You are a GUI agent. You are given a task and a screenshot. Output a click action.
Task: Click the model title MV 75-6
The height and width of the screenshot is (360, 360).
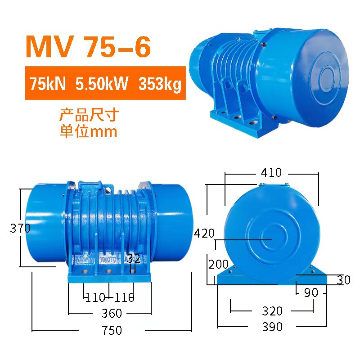tap(88, 47)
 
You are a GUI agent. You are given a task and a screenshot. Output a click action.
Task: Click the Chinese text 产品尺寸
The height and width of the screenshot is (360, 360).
tap(89, 115)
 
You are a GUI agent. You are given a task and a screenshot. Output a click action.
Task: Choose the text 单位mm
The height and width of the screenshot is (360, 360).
tap(89, 131)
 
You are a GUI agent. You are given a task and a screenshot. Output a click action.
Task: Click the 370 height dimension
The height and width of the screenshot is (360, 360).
tap(20, 229)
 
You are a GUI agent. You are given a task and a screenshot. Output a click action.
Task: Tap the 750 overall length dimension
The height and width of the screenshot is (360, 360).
tap(112, 331)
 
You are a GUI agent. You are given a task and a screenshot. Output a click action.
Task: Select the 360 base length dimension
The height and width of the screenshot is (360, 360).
tap(112, 313)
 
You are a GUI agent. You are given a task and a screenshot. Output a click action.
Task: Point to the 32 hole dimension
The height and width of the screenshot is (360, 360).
tap(134, 259)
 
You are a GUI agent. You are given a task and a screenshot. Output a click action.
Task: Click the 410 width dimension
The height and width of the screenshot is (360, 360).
tap(271, 173)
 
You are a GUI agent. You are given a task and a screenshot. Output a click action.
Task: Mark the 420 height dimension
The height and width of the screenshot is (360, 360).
tap(205, 233)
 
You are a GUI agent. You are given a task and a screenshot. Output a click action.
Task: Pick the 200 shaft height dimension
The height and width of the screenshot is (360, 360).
tap(219, 265)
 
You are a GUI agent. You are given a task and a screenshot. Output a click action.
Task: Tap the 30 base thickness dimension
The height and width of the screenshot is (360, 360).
tap(343, 280)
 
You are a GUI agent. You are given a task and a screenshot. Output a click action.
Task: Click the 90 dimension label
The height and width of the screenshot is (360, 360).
tap(310, 293)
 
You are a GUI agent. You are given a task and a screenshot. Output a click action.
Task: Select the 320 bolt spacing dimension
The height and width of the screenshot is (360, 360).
tap(272, 311)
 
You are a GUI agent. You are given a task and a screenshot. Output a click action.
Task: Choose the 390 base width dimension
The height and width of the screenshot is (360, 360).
tap(272, 327)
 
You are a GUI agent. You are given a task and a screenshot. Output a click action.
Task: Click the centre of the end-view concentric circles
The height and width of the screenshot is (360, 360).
tap(271, 240)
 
